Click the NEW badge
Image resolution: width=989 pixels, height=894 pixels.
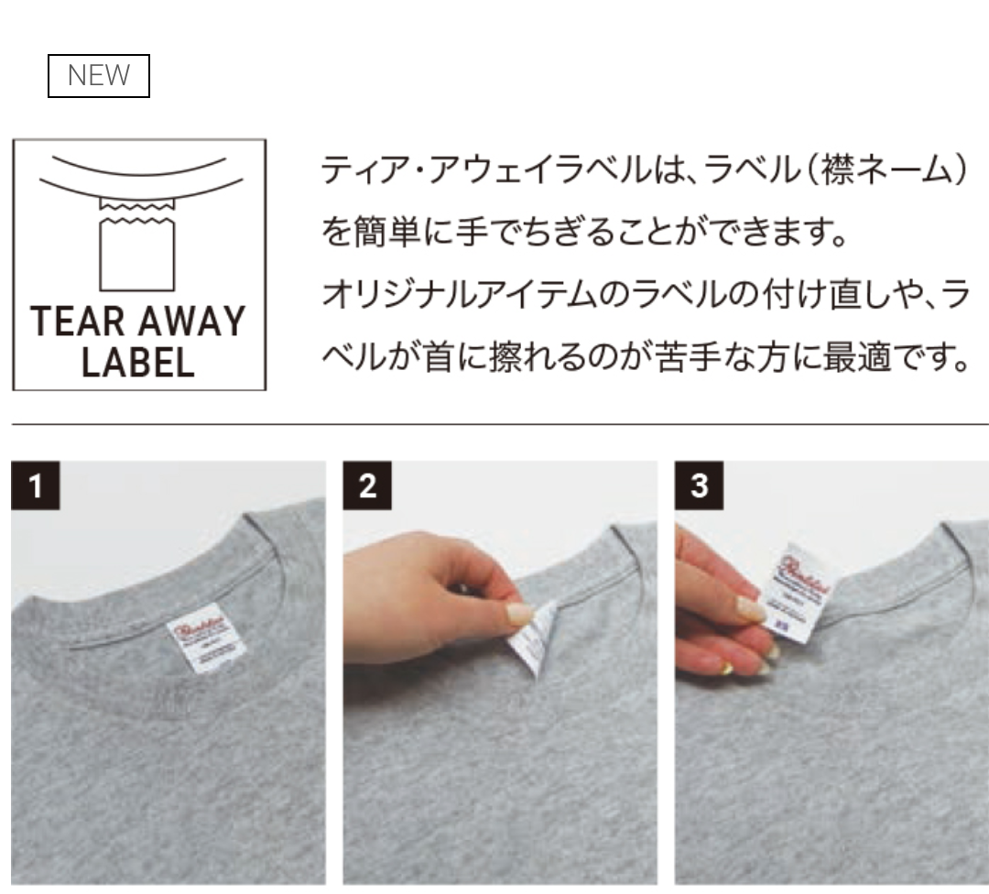(98, 76)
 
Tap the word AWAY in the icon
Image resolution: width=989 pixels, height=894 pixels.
(193, 322)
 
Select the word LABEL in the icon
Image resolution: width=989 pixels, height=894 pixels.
(137, 363)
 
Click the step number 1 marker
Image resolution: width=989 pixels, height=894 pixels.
(35, 485)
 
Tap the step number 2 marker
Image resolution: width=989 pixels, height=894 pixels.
(367, 485)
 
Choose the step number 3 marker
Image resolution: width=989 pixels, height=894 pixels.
(699, 485)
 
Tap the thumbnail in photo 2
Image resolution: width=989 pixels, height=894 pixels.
(519, 614)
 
